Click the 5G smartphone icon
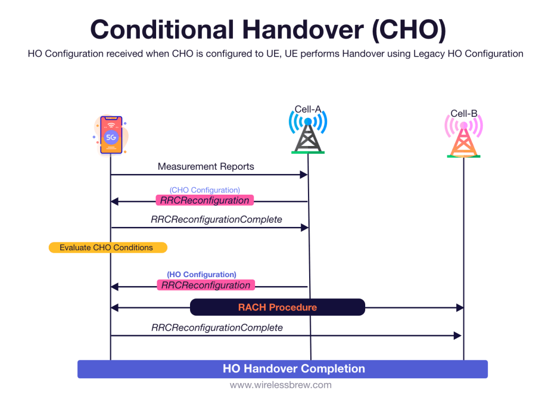[x=111, y=135]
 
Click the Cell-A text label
[x=308, y=109]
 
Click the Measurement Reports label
[x=206, y=167]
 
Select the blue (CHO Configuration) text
[x=204, y=190]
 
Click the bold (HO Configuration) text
[x=202, y=275]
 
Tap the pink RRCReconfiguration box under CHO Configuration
[x=205, y=200]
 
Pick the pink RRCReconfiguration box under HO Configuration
[x=206, y=285]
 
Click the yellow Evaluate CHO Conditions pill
[x=107, y=248]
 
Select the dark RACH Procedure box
[x=277, y=307]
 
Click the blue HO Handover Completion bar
[x=282, y=369]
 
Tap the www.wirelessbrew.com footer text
[x=281, y=385]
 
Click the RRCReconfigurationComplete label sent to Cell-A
[x=216, y=219]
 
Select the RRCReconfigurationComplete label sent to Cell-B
[x=217, y=327]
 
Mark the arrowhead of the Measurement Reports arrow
[x=304, y=175]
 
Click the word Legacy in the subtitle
[x=437, y=54]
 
